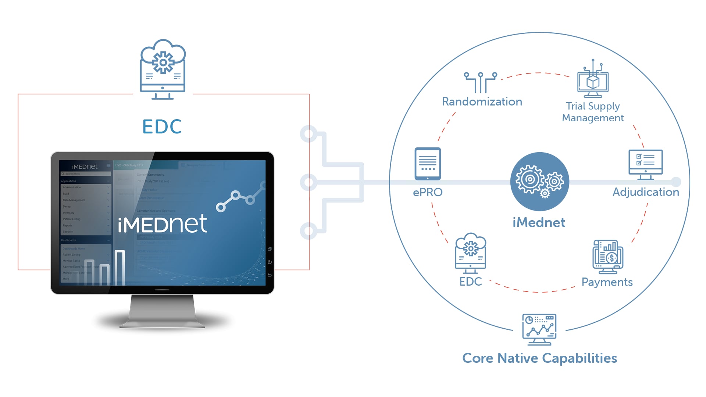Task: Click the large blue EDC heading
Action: pyautogui.click(x=162, y=126)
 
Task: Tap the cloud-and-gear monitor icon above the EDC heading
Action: pyautogui.click(x=163, y=70)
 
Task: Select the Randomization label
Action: pyautogui.click(x=482, y=101)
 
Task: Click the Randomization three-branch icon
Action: pyautogui.click(x=480, y=82)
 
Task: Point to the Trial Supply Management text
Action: pyautogui.click(x=593, y=112)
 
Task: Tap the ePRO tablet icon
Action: pyautogui.click(x=428, y=164)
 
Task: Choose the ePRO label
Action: pyautogui.click(x=428, y=192)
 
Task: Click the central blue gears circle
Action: pyautogui.click(x=539, y=181)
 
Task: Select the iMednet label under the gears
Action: pyautogui.click(x=539, y=222)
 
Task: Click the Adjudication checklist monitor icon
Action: pyautogui.click(x=645, y=164)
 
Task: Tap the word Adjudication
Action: pyautogui.click(x=645, y=192)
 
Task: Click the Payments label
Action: pyautogui.click(x=607, y=282)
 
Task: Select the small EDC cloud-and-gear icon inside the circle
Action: pyautogui.click(x=470, y=253)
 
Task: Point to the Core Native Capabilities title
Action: pyautogui.click(x=539, y=358)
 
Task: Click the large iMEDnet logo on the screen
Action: pyautogui.click(x=163, y=224)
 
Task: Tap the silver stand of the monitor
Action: pyautogui.click(x=162, y=311)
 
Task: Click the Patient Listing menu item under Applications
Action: pyautogui.click(x=72, y=219)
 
